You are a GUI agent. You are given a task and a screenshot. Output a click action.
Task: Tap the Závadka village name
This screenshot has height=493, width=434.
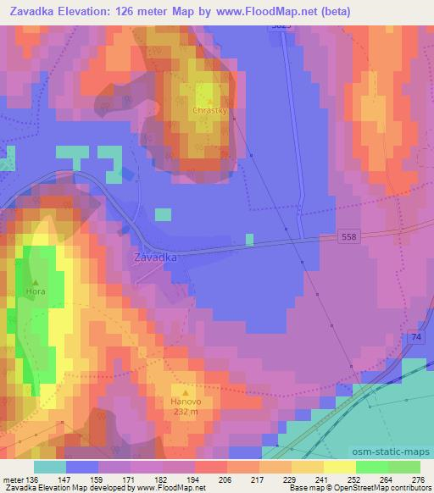pyautogui.click(x=155, y=257)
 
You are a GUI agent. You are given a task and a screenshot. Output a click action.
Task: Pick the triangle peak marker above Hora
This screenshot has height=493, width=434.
pyautogui.click(x=35, y=281)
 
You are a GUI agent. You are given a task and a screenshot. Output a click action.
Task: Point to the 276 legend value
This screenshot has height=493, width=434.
pyautogui.click(x=418, y=479)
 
